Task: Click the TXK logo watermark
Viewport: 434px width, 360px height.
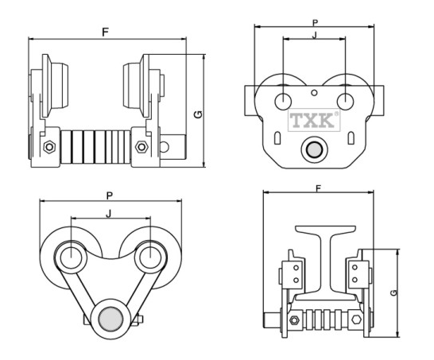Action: point(314,120)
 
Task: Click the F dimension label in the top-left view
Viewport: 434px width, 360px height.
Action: point(105,33)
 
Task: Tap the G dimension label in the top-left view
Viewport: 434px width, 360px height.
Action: point(198,114)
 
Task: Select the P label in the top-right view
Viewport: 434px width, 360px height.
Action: point(315,23)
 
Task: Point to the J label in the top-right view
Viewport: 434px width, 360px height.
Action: point(314,35)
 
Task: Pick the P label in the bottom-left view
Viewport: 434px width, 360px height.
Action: point(110,196)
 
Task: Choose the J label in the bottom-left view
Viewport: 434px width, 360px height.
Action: point(109,213)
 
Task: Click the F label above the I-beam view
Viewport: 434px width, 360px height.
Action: point(318,188)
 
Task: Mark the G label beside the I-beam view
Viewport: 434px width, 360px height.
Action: point(393,292)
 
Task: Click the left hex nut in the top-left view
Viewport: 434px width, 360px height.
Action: point(49,147)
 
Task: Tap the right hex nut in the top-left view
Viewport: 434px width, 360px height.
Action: point(141,147)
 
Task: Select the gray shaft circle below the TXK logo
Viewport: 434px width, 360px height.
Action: point(315,149)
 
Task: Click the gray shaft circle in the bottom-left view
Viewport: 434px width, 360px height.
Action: point(110,319)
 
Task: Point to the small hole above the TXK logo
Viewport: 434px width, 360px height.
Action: point(314,93)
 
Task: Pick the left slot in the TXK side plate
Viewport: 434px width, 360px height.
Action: point(277,137)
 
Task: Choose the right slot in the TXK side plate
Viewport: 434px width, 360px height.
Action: point(351,137)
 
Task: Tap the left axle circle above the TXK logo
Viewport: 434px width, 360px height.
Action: point(283,101)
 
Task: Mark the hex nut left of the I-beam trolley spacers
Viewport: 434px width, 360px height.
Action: point(294,320)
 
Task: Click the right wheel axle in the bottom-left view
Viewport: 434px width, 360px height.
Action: point(150,258)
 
